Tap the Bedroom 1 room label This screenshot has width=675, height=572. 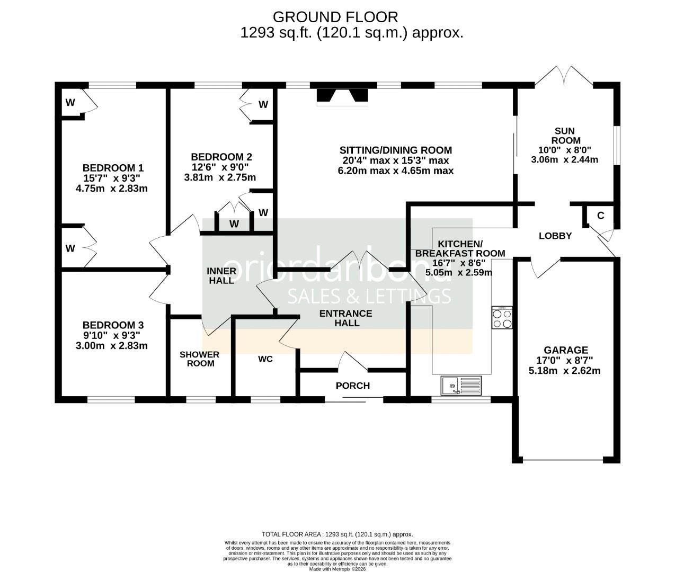[113, 168]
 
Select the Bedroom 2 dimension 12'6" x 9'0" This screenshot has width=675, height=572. [221, 167]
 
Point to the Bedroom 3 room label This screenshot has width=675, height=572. [113, 325]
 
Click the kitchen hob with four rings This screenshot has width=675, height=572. [501, 318]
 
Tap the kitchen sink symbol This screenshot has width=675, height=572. [460, 385]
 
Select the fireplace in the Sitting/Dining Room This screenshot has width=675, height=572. [342, 97]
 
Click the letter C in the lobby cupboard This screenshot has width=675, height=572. [600, 216]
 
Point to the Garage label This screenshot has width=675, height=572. [565, 350]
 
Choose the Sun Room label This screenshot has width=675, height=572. [564, 136]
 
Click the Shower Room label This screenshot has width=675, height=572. [199, 359]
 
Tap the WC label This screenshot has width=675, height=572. [265, 359]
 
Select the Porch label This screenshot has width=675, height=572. [352, 386]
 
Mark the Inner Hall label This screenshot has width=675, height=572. [221, 275]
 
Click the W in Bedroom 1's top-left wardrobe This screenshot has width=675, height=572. [70, 103]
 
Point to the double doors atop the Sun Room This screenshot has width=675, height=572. [564, 77]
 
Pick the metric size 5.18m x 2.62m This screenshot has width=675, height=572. [564, 371]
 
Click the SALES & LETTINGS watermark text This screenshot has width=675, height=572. [369, 297]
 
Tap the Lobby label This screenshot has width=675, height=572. [555, 236]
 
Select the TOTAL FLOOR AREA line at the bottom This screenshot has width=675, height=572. [337, 534]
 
